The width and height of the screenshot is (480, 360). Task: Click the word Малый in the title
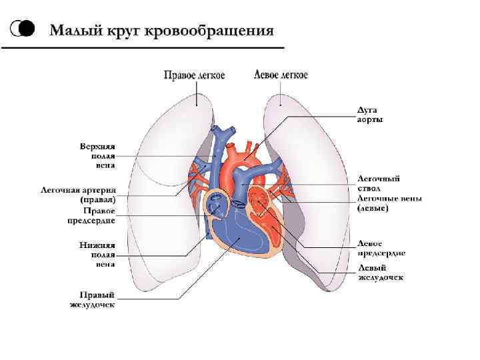[x=74, y=31]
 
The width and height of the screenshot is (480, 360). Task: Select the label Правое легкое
[x=195, y=75]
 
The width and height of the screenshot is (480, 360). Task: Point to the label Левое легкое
[x=281, y=75]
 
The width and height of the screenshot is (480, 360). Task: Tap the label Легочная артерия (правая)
[x=79, y=195]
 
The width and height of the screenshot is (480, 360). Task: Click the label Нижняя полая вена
[x=97, y=254]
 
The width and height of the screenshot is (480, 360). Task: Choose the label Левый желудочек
[x=380, y=272]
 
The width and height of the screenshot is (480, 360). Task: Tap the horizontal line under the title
[x=143, y=49]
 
